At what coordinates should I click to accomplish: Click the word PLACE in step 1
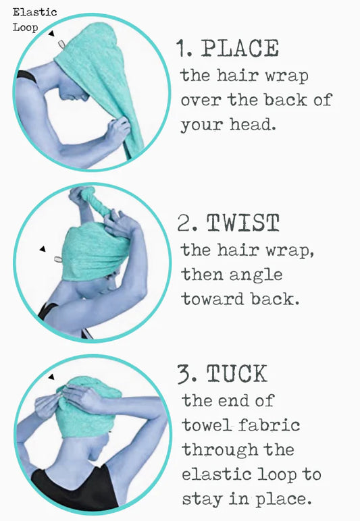[x=240, y=49]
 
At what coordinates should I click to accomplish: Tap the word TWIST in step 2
[x=242, y=223]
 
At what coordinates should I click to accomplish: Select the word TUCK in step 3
[x=237, y=374]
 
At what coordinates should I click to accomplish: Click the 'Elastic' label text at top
[x=35, y=12]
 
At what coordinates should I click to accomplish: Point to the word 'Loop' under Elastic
[x=25, y=27]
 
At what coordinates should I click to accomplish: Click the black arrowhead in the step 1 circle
[x=51, y=33]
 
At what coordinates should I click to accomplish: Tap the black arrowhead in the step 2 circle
[x=43, y=249]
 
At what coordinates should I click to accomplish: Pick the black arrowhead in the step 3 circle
[x=51, y=377]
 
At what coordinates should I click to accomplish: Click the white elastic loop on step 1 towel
[x=61, y=44]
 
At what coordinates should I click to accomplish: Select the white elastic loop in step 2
[x=58, y=259]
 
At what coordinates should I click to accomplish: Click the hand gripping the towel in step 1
[x=118, y=130]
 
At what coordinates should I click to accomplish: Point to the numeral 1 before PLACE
[x=181, y=49]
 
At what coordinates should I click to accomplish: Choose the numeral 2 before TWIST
[x=184, y=223]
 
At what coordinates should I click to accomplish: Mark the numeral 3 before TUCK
[x=184, y=375]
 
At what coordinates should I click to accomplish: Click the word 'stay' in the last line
[x=202, y=499]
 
